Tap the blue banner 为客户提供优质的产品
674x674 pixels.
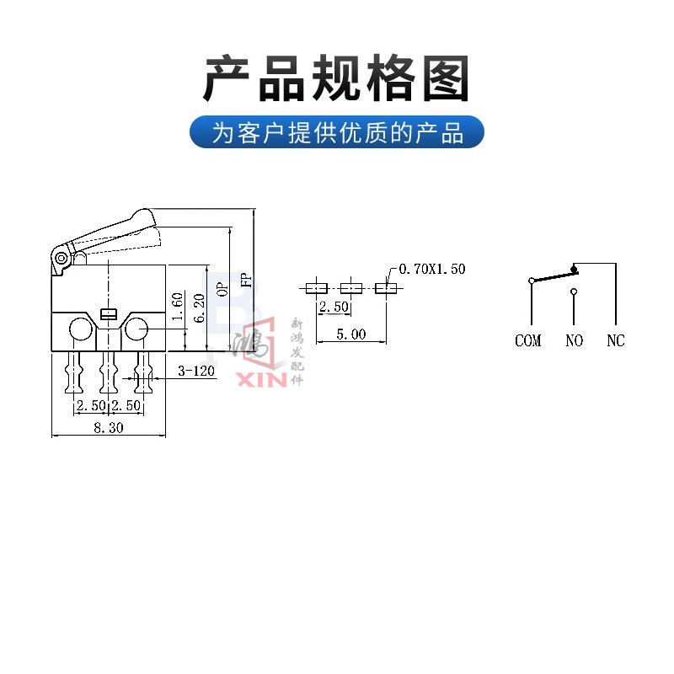pyautogui.click(x=337, y=132)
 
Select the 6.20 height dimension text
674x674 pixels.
pyautogui.click(x=199, y=308)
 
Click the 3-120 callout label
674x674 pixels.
pyautogui.click(x=195, y=371)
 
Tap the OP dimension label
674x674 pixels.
pyautogui.click(x=223, y=288)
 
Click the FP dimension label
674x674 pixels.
pyautogui.click(x=246, y=281)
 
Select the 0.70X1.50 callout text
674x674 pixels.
pyautogui.click(x=431, y=269)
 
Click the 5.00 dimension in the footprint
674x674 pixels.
pyautogui.click(x=351, y=334)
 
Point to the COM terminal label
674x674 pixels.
pyautogui.click(x=528, y=341)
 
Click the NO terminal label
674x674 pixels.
pyautogui.click(x=574, y=341)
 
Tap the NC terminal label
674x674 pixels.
pyautogui.click(x=616, y=341)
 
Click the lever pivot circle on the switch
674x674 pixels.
pyautogui.click(x=61, y=258)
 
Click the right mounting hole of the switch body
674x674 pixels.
pyautogui.click(x=135, y=329)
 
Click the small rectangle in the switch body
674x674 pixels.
pyautogui.click(x=108, y=315)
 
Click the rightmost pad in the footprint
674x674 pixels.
pyautogui.click(x=386, y=288)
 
